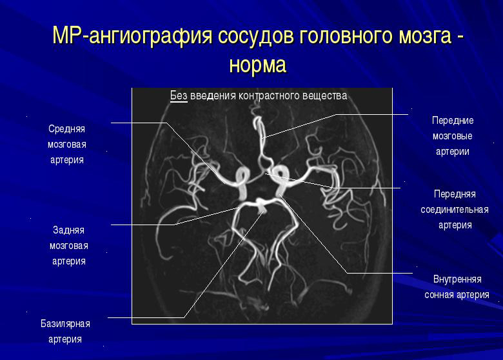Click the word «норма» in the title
257,65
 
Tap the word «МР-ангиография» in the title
132,36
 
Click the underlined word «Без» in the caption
179,96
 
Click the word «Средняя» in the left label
67,128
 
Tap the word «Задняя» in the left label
68,230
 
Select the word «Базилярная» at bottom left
65,323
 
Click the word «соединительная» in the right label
455,210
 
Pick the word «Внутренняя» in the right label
457,279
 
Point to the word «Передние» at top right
453,121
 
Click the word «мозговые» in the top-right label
453,136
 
